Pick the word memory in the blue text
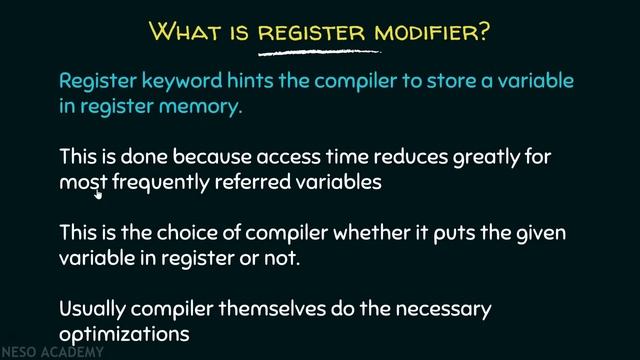tap(205, 106)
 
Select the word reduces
tap(409, 157)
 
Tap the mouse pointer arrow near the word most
tap(99, 194)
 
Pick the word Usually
tap(95, 309)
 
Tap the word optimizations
tap(123, 333)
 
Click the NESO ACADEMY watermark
tap(41, 352)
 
